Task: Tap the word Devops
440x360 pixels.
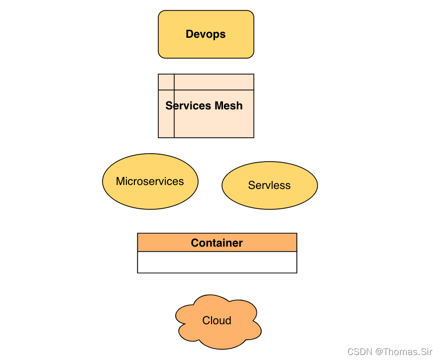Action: [206, 34]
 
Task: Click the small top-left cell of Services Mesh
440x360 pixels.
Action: [166, 82]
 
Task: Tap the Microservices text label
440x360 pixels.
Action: [150, 181]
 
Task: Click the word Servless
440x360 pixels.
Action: [269, 185]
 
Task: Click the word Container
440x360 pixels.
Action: [217, 243]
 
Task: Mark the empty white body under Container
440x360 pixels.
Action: [217, 262]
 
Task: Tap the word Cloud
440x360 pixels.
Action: [217, 321]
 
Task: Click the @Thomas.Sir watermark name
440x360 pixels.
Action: [404, 352]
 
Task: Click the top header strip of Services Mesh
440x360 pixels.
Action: [214, 82]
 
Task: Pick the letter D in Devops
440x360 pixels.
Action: [189, 34]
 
